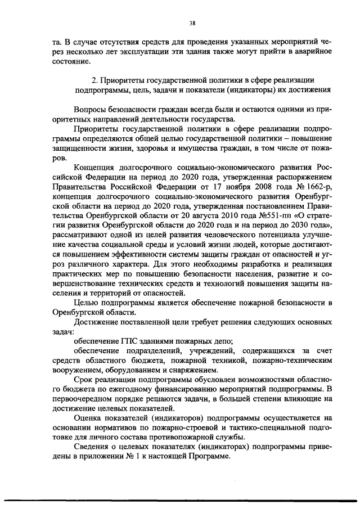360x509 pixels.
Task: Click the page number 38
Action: pos(192,23)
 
